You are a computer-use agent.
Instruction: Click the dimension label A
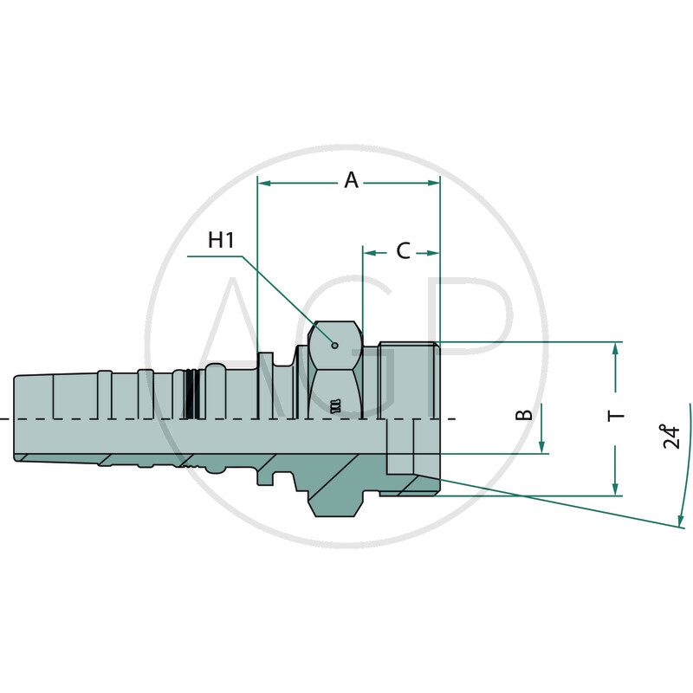coord(351,180)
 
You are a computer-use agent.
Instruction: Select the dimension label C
coord(403,251)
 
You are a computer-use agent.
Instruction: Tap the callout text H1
coord(222,240)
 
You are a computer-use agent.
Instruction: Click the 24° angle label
coord(670,436)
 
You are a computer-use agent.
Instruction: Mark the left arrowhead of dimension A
coord(264,183)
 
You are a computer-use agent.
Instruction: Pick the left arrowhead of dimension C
coord(368,253)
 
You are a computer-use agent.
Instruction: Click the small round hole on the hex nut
coord(334,344)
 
